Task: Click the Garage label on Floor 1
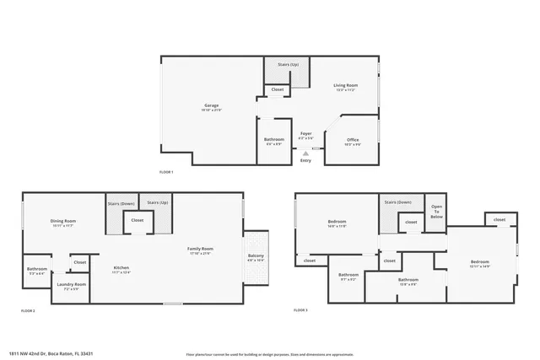pos(211,106)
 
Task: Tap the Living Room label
pos(346,86)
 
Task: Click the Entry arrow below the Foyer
pos(305,153)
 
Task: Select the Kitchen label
pos(121,269)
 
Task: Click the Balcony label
pos(255,257)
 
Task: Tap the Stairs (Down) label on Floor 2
pos(121,203)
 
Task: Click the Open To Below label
pos(436,211)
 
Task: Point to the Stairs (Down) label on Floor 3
pos(397,202)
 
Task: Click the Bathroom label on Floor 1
pos(273,140)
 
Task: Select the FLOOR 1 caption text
pos(166,172)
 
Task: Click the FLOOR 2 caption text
pos(28,311)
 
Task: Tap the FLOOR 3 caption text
pos(301,311)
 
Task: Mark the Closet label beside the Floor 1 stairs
pos(277,89)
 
